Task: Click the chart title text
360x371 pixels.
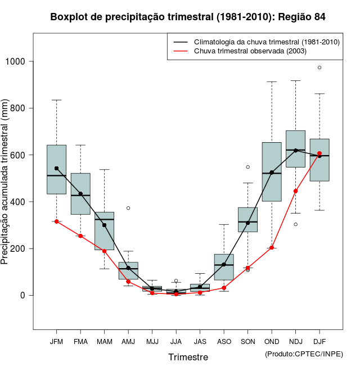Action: pos(188,17)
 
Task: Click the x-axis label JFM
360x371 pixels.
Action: pos(56,341)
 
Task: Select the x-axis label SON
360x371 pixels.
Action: pos(247,341)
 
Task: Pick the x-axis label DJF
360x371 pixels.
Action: pos(319,341)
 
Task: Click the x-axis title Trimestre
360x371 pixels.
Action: pos(188,357)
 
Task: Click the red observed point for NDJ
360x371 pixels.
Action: pos(295,191)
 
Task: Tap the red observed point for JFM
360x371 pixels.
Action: pos(56,221)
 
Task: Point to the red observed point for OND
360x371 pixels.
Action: pos(272,247)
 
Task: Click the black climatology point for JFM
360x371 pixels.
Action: pos(56,168)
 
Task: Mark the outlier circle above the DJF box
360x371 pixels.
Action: pos(319,67)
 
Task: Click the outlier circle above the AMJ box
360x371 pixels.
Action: pos(128,208)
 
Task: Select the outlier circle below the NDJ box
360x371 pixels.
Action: pos(295,224)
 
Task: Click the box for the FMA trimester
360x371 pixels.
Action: pos(80,194)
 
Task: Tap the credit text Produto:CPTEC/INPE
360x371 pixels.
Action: pos(304,354)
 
